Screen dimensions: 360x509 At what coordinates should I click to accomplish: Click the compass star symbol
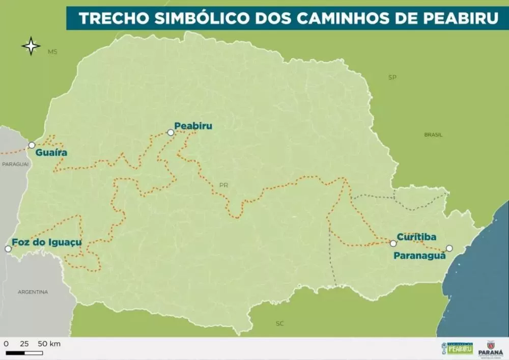[31, 46]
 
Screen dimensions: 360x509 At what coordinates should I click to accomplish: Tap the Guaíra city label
[51, 152]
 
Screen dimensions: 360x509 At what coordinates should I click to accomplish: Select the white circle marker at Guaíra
[32, 145]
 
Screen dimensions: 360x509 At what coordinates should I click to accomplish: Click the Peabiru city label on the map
[193, 126]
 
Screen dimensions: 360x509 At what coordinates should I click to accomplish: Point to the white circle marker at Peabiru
[171, 132]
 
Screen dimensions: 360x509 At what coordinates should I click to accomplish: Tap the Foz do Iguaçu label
[46, 242]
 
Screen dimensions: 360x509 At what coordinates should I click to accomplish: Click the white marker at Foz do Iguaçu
[8, 249]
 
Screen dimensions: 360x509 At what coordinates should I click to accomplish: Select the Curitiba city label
[416, 237]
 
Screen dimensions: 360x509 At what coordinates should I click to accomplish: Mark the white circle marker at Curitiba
[393, 243]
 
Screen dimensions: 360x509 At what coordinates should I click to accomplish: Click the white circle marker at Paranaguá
[449, 248]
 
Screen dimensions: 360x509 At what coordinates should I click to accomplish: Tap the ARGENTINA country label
[33, 292]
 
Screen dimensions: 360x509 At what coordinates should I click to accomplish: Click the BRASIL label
[433, 135]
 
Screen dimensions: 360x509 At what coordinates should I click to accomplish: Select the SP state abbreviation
[392, 77]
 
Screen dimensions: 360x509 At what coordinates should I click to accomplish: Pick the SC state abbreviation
[279, 323]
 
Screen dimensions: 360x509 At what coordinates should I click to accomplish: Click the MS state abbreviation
[52, 52]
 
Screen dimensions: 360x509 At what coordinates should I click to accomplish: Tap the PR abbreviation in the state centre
[223, 185]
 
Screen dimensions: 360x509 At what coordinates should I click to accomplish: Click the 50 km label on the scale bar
[49, 344]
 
